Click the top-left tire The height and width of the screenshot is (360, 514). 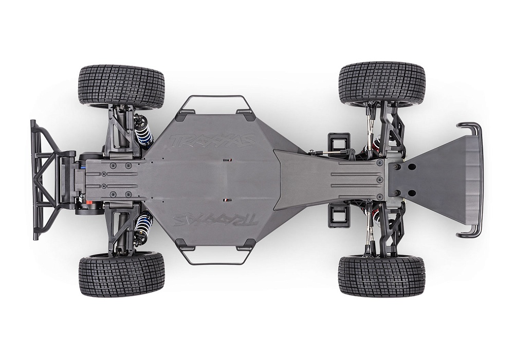coord(121,84)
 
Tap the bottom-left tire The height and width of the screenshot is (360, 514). coord(121,274)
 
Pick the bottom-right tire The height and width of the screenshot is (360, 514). coord(381,276)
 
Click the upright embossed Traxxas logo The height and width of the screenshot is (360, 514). coord(213,140)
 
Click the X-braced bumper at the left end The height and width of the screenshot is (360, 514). coord(45,180)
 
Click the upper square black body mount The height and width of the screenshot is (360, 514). coord(338,141)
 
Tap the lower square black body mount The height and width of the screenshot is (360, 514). coord(338,218)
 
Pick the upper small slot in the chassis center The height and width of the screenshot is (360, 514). coord(225,160)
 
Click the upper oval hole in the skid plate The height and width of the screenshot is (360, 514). coord(411,166)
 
